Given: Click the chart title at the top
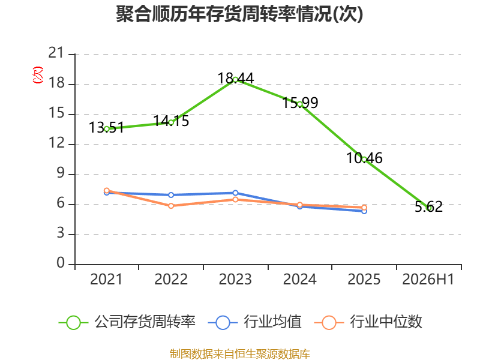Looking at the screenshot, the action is pyautogui.click(x=239, y=14).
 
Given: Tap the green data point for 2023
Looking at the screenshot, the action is pyautogui.click(x=235, y=80).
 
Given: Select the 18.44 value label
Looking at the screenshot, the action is pyautogui.click(x=236, y=79).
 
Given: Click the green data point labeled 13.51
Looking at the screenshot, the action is pyautogui.click(x=107, y=129).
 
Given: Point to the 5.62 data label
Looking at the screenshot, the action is pyautogui.click(x=428, y=206).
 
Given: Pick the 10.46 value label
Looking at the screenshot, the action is pyautogui.click(x=364, y=158).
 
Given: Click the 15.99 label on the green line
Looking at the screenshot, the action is pyautogui.click(x=300, y=103).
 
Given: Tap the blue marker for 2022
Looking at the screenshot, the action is pyautogui.click(x=171, y=195).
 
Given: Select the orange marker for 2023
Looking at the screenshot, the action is pyautogui.click(x=235, y=200).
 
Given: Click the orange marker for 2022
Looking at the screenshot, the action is pyautogui.click(x=171, y=206).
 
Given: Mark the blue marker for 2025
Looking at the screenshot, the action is pyautogui.click(x=364, y=211).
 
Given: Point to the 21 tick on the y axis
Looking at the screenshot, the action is pyautogui.click(x=56, y=53).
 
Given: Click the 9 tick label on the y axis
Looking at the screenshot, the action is pyautogui.click(x=61, y=173).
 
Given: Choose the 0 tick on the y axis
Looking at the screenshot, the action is pyautogui.click(x=61, y=263).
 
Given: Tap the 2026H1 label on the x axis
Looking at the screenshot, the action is pyautogui.click(x=428, y=279).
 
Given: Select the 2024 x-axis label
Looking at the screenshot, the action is pyautogui.click(x=299, y=279).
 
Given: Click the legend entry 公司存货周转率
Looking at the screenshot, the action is pyautogui.click(x=127, y=322).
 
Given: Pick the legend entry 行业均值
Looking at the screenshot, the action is pyautogui.click(x=254, y=322).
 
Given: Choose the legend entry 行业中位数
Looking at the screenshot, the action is pyautogui.click(x=368, y=322).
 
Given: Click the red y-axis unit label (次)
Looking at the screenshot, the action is pyautogui.click(x=38, y=75).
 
